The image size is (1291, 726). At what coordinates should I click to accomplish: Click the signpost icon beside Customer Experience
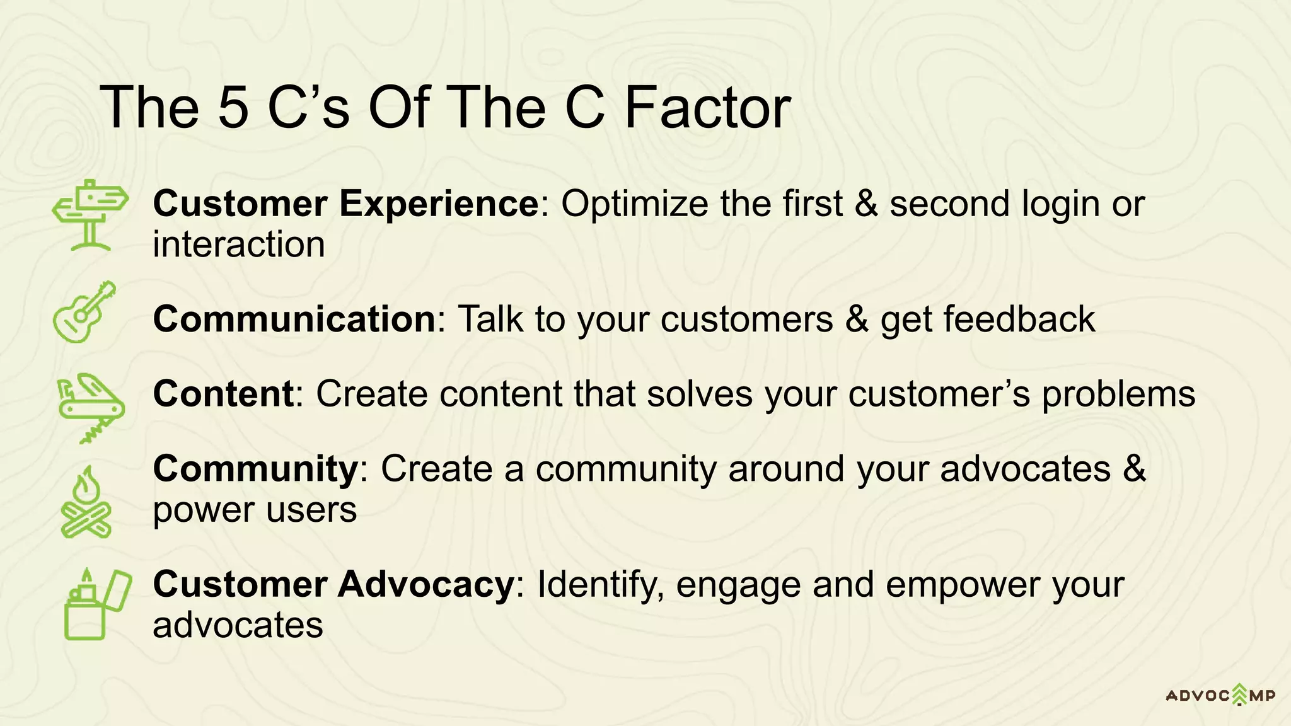90,214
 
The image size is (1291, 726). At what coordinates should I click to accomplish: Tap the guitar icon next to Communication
84,313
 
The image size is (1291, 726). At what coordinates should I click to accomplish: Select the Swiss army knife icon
91,407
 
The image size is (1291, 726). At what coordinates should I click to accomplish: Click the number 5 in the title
233,108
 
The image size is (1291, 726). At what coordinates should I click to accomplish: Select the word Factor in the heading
707,108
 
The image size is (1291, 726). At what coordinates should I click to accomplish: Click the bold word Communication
294,319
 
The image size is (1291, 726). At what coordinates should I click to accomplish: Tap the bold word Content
223,394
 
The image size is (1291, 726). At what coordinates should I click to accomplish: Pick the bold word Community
256,470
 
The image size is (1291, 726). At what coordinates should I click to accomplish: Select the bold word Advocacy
427,584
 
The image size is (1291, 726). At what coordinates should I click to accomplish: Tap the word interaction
239,245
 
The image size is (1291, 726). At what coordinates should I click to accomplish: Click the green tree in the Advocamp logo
1239,694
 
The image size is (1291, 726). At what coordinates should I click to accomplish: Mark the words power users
255,510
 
